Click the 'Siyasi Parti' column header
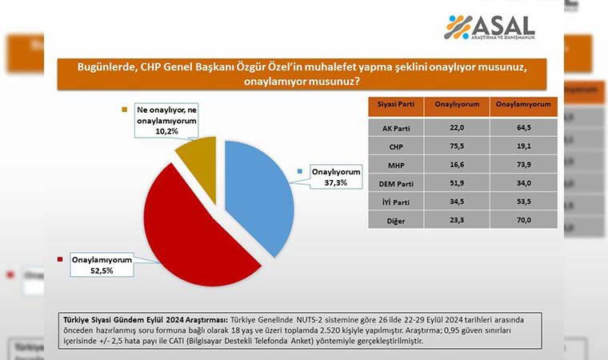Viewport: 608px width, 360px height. (x=394, y=105)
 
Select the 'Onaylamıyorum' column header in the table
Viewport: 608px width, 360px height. (x=522, y=105)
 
